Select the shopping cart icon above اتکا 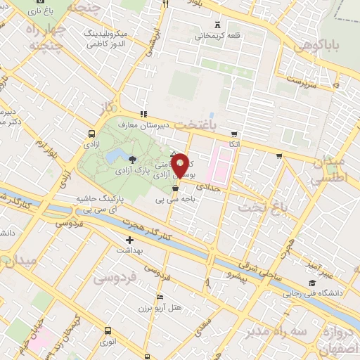pos(234,133)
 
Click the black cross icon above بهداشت pos(129,240)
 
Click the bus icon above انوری pos(108,330)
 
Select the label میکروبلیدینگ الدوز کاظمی pos(104,38)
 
